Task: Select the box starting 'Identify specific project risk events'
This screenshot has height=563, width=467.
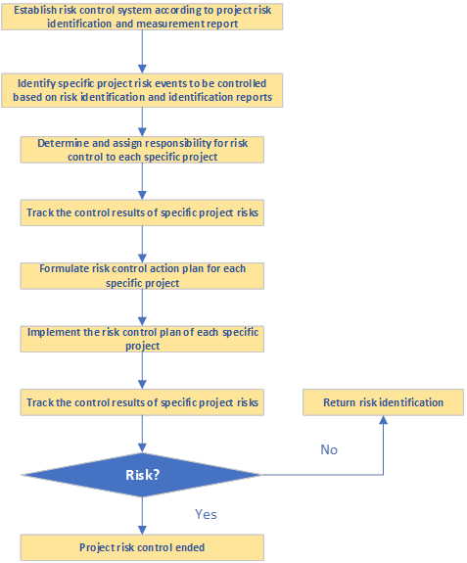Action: point(142,91)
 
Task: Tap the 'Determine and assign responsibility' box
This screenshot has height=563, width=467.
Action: point(142,150)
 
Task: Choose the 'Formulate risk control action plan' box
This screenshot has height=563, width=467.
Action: point(142,275)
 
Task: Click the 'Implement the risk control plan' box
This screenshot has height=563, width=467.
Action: point(142,339)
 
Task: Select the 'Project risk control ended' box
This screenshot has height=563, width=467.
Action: point(142,547)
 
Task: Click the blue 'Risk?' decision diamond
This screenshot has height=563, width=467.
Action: point(142,475)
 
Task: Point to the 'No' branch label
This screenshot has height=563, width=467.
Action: point(329,449)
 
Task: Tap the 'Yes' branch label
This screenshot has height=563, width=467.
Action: point(206,514)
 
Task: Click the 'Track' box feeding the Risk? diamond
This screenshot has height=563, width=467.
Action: point(142,402)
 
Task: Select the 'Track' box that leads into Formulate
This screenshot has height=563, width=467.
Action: point(142,212)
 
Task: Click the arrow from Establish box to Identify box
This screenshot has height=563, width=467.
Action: point(142,51)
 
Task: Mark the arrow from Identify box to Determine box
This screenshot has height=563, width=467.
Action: point(142,120)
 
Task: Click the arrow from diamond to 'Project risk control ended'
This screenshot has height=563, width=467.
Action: point(142,515)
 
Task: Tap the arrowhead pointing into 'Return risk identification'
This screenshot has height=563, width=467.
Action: point(383,420)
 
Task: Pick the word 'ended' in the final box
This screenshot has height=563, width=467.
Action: point(190,547)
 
